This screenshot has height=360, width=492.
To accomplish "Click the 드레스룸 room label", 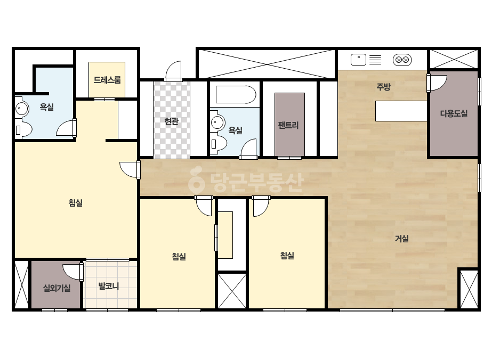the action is pos(107,80).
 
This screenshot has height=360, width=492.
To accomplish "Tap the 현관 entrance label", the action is pos(171,121).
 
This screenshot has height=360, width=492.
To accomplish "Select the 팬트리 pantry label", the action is pos(288,125).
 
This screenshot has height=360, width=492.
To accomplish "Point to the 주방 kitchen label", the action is pos(383,87).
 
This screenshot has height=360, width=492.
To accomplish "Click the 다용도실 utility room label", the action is pos(454,113).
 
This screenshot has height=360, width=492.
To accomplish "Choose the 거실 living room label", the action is pos(401,239).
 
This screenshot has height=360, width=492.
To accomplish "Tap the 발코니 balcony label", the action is pos(109,286).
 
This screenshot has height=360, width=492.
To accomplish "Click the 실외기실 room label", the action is pos(57,288).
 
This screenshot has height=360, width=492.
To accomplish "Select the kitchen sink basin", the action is pos(358,60).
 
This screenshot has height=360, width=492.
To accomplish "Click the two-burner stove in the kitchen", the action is pos(402,60).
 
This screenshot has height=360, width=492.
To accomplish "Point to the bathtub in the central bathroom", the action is pos(236,94).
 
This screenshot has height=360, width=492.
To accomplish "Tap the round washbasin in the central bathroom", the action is pos(217,122).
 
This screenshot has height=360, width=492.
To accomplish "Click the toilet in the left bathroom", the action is pos(23,130).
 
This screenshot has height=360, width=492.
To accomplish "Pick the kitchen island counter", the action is pos(401,111).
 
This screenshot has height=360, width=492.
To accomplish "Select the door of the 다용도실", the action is pos(437,83).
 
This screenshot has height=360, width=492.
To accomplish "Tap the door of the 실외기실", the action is pos(73,272).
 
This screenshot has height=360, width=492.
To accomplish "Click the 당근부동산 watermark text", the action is pos(246,182).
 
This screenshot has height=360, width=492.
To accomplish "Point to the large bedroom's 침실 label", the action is pos(75,202).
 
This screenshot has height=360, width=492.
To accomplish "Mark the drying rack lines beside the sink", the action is pos(375,60).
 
